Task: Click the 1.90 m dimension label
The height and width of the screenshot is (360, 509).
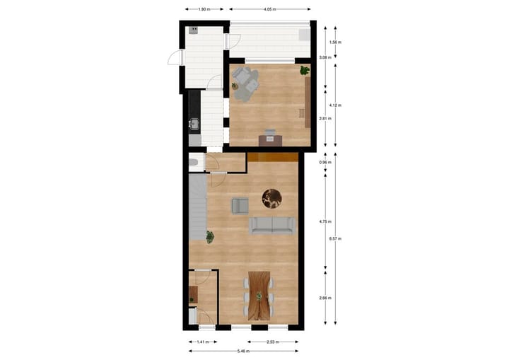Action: point(202,10)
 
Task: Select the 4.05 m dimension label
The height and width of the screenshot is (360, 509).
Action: point(269,10)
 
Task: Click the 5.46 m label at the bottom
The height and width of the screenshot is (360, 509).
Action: point(243,350)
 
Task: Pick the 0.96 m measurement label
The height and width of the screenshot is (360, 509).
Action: point(324,162)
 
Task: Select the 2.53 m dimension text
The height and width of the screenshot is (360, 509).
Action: point(258,341)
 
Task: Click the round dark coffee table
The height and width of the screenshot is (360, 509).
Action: point(273,199)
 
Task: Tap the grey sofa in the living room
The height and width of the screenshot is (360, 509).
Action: point(272,225)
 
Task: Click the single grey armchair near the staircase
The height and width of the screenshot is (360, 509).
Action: point(240,206)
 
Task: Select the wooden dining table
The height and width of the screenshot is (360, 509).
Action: point(259,295)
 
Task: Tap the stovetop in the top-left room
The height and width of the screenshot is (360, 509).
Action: point(192,30)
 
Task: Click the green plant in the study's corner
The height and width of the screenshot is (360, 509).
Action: point(304,70)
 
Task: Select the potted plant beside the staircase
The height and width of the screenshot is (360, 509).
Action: point(210,236)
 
